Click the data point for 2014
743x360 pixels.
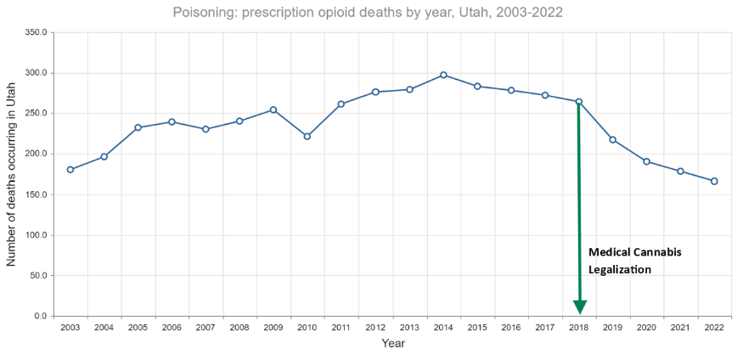click(x=443, y=75)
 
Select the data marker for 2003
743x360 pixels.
click(x=70, y=170)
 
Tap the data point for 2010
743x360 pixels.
click(x=307, y=137)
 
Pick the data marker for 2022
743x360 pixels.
click(x=714, y=181)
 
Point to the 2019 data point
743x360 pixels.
click(x=612, y=140)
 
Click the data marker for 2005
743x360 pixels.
click(x=138, y=127)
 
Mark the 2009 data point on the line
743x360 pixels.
click(x=273, y=110)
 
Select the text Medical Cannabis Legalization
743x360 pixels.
click(x=635, y=262)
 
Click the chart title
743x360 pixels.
click(x=368, y=13)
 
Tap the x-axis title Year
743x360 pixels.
click(x=392, y=344)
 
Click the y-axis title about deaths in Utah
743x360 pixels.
click(x=12, y=174)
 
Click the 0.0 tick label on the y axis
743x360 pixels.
click(x=39, y=317)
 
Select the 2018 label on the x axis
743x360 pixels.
click(x=578, y=328)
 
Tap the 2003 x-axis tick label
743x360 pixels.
click(x=70, y=328)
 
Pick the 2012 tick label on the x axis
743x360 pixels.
click(x=375, y=328)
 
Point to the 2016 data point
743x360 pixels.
click(x=511, y=90)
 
